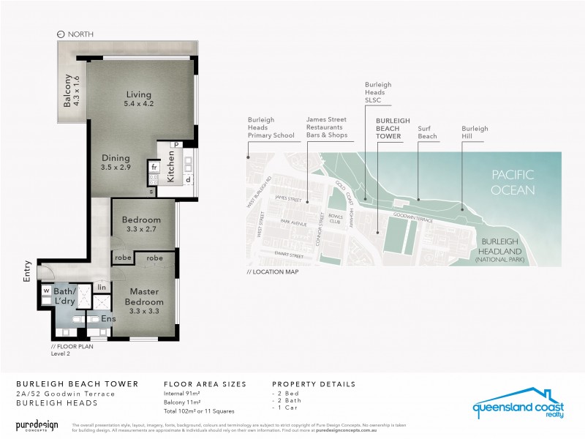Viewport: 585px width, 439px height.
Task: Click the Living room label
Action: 138,94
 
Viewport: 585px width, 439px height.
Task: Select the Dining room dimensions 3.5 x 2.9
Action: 116,168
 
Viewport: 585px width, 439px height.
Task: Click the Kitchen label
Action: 171,166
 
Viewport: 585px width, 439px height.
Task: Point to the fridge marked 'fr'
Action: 154,166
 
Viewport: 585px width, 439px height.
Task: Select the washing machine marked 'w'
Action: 46,288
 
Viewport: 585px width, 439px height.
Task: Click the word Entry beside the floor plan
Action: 27,271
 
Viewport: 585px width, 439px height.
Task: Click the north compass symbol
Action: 61,34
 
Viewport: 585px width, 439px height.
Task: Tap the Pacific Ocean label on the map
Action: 513,182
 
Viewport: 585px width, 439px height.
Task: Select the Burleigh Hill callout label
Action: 475,132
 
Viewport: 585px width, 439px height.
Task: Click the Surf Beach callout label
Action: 427,132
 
